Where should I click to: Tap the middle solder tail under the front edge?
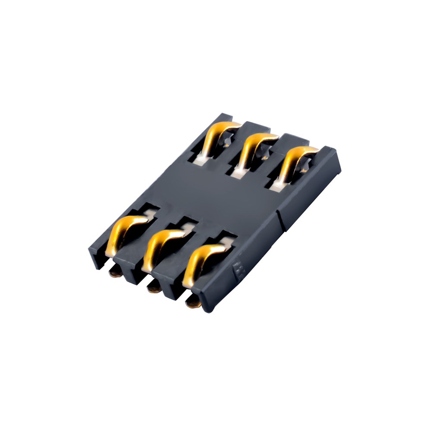pyautogui.click(x=152, y=286)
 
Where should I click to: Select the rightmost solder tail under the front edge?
pyautogui.click(x=193, y=304)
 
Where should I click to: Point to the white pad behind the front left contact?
pyautogui.click(x=149, y=213)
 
